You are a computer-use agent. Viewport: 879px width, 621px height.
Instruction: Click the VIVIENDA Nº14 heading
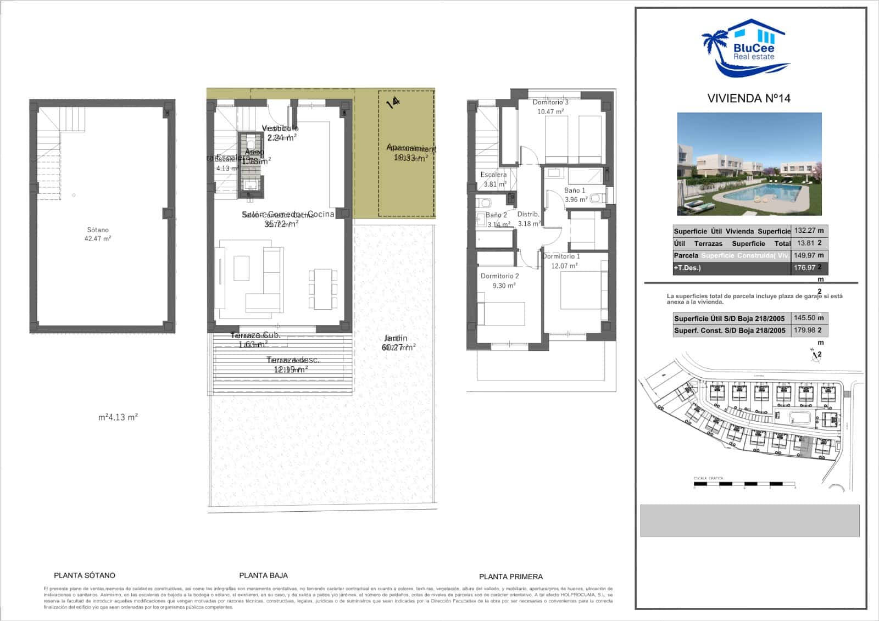[x=748, y=98]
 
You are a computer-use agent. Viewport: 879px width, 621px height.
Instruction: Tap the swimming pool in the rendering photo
[x=764, y=192]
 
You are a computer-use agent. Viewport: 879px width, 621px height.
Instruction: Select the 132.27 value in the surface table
[x=805, y=231]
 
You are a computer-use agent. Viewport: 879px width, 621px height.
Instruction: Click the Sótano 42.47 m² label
[x=98, y=234]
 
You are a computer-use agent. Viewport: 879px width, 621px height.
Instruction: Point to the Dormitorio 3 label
[x=550, y=103]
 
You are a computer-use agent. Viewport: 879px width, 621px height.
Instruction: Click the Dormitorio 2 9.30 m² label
[x=499, y=281]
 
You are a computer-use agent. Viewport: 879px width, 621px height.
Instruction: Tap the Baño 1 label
[x=575, y=191]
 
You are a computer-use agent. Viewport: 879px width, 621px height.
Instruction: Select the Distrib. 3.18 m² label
[x=528, y=219]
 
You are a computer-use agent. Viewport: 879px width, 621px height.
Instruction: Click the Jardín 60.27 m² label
[x=397, y=343]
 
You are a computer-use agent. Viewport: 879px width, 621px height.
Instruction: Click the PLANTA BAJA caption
[x=263, y=575]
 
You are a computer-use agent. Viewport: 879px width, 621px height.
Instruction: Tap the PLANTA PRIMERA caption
[x=510, y=577]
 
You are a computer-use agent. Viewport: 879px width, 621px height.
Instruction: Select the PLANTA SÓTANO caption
[x=85, y=575]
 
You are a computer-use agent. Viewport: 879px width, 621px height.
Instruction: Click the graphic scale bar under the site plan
[x=744, y=484]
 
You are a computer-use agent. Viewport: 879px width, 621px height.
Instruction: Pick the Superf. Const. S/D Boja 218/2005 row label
[x=730, y=331]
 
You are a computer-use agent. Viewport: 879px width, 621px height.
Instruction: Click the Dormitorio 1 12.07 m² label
[x=561, y=261]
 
